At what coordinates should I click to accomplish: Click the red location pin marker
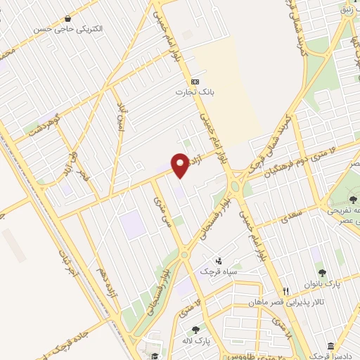pyautogui.click(x=181, y=165)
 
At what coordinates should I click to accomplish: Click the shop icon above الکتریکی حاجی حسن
pyautogui.click(x=67, y=18)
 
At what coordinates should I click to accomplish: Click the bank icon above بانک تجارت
pyautogui.click(x=185, y=82)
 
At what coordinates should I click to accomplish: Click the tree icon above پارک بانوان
pyautogui.click(x=323, y=273)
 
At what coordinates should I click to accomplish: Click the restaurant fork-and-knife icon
pyautogui.click(x=285, y=290)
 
